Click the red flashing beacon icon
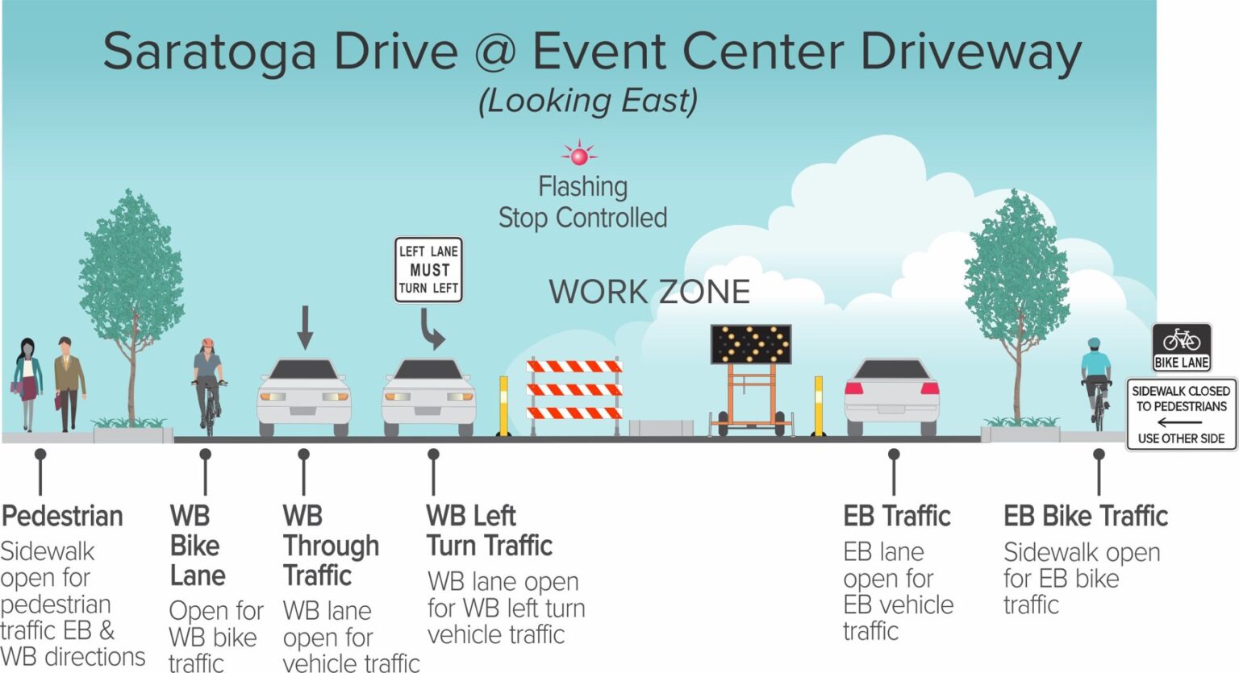pos(578,153)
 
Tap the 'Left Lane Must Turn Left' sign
pos(428,270)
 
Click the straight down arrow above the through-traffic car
pos(304,327)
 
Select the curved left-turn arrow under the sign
pos(432,330)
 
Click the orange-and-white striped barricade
pos(574,390)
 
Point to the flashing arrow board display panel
pos(750,344)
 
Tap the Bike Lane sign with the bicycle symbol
pos(1181,347)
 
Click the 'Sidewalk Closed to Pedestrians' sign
pos(1181,414)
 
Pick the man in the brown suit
pos(69,383)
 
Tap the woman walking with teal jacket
pos(27,383)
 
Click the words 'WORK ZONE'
pos(649,292)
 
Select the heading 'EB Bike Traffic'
pos(1085,516)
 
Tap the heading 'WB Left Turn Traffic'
pos(489,530)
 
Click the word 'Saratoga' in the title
pos(210,52)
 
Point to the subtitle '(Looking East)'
pos(588,102)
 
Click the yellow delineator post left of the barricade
pos(504,405)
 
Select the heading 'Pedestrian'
pos(62,516)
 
